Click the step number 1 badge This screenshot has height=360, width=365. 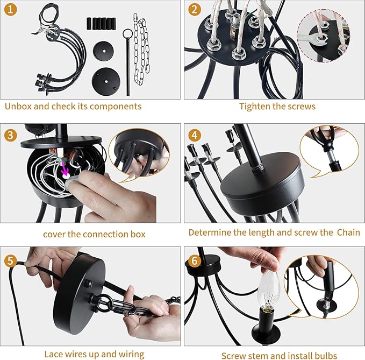(x=10, y=10)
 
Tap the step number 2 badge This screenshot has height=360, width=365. (x=195, y=10)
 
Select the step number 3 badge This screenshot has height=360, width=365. (x=10, y=135)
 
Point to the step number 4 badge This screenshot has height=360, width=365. (x=195, y=135)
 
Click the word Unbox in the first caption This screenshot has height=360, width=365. (x=18, y=106)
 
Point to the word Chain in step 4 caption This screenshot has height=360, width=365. (x=348, y=232)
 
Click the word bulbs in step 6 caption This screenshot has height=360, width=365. (x=326, y=356)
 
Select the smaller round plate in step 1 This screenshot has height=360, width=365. (x=103, y=51)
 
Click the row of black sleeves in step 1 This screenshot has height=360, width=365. (x=101, y=24)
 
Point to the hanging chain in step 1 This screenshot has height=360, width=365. (x=141, y=49)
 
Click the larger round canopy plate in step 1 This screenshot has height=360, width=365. (x=106, y=82)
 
